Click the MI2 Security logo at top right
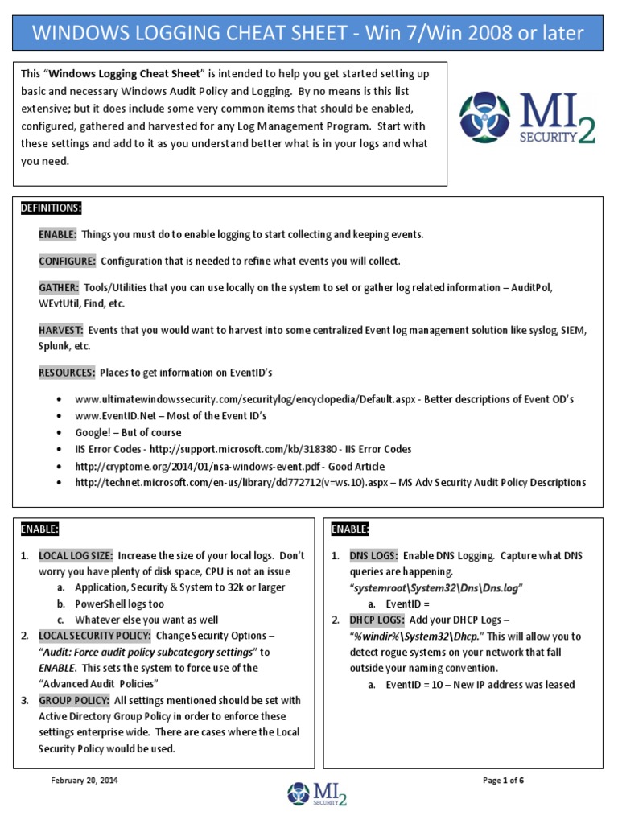coord(527,118)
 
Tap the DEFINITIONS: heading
coord(51,208)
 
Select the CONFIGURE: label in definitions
coord(68,262)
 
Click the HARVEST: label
coord(61,330)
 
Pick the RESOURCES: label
coord(67,373)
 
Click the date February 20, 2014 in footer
coord(84,781)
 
